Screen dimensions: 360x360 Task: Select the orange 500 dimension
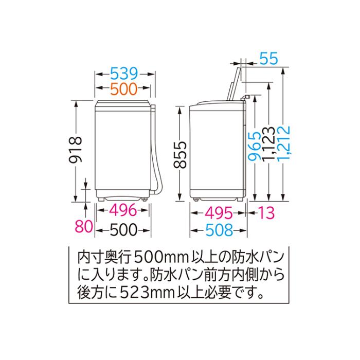(x=124, y=89)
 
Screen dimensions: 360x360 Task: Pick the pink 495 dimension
(x=217, y=211)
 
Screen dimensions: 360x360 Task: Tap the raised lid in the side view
(x=233, y=80)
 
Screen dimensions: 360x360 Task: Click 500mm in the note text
(x=157, y=255)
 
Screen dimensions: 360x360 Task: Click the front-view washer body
(x=123, y=149)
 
